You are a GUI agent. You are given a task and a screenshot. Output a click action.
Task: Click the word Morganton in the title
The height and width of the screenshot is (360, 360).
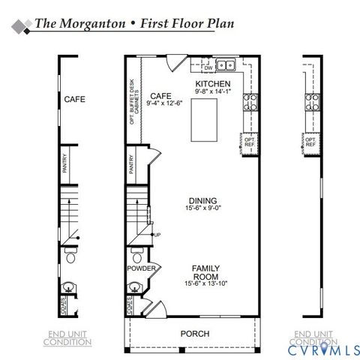point(94,24)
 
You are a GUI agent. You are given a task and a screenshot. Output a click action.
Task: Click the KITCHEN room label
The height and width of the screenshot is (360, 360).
point(212,83)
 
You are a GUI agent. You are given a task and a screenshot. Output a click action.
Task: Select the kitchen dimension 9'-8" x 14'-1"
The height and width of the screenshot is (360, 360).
point(212,91)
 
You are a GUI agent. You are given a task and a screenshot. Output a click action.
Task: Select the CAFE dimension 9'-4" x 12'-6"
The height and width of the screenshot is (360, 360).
point(161,105)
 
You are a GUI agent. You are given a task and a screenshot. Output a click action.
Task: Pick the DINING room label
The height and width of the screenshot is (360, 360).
point(203,200)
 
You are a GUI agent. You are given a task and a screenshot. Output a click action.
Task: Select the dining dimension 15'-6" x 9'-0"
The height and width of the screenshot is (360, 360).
point(203,209)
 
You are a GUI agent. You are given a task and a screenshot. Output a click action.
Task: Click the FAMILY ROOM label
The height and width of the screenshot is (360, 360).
point(205,271)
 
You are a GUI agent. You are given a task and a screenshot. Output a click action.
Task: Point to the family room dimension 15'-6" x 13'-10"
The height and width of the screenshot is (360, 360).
point(205,284)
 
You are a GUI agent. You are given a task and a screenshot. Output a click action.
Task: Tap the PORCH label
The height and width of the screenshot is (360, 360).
point(195,333)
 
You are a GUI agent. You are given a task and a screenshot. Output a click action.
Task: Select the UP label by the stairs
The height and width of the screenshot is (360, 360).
point(158,235)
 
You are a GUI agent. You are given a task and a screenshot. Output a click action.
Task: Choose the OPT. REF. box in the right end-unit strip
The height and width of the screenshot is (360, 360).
point(310,141)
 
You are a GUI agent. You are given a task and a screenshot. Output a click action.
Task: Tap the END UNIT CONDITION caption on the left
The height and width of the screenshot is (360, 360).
point(67,337)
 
